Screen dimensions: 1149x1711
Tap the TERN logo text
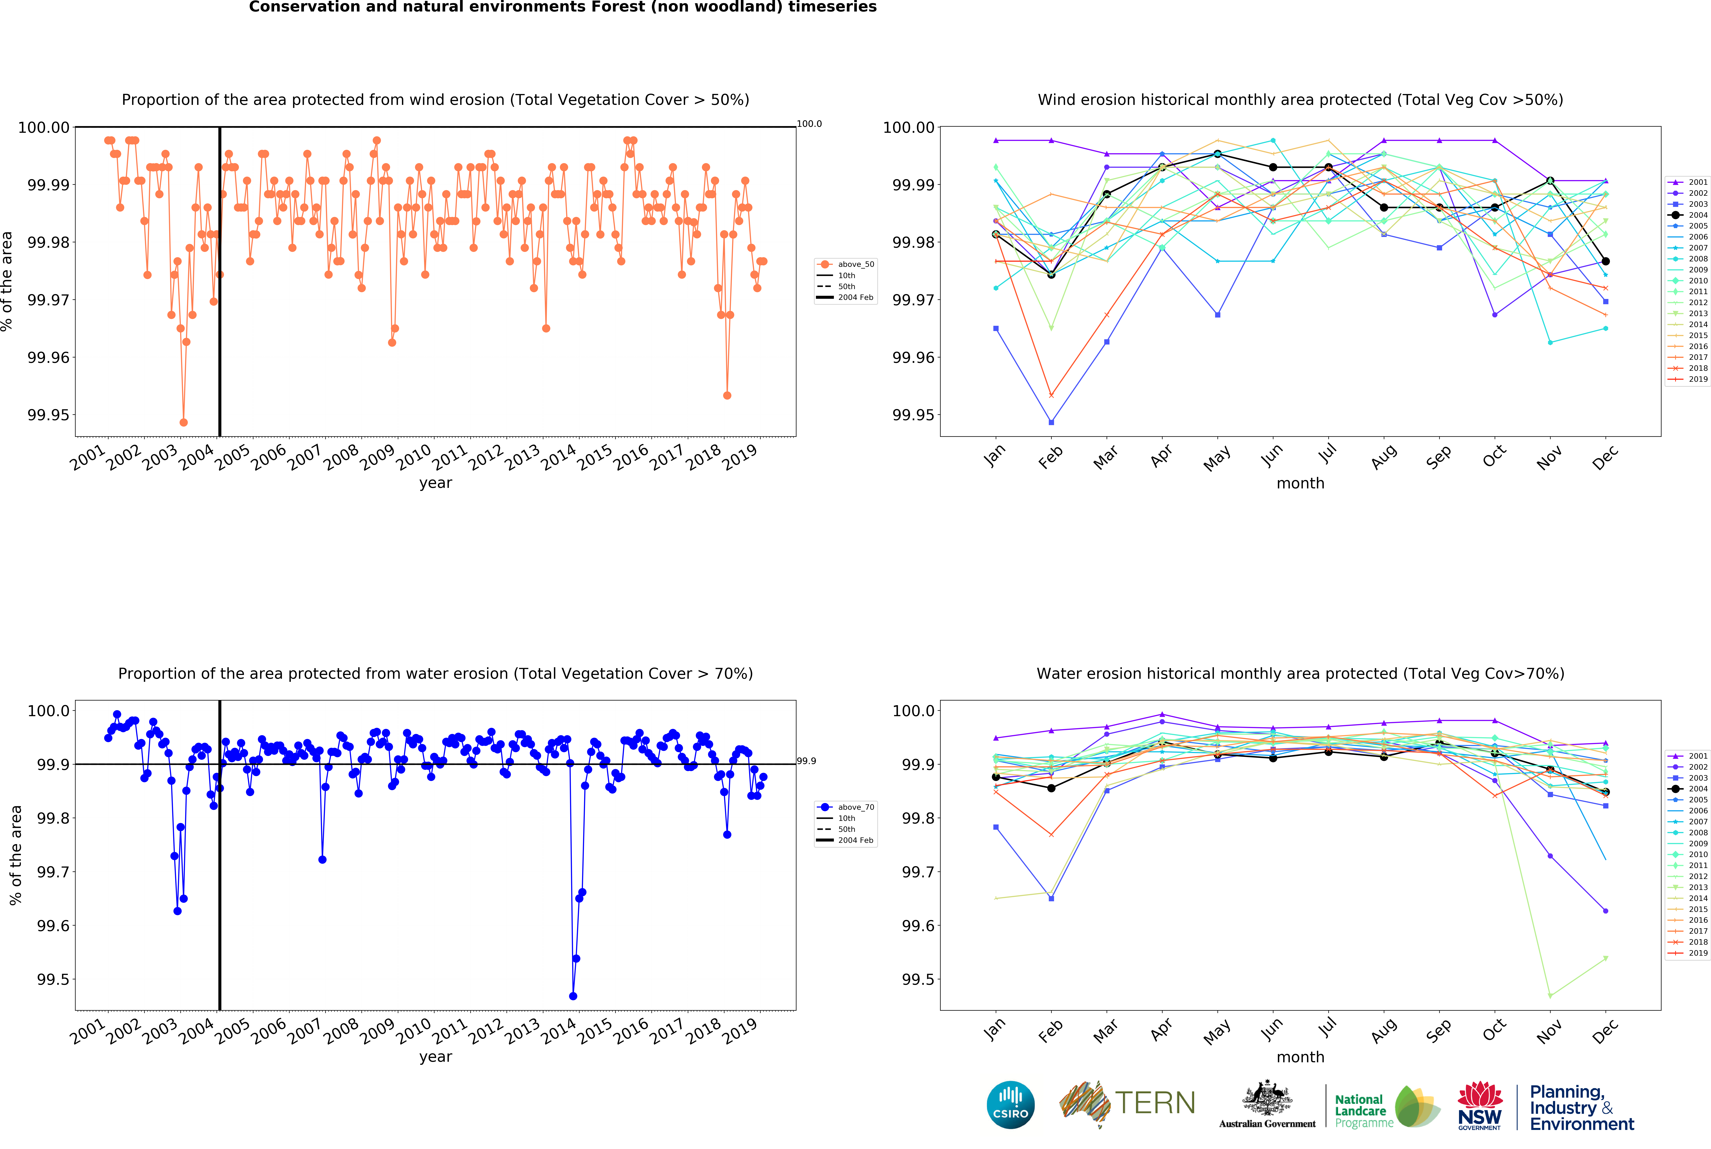point(1155,1103)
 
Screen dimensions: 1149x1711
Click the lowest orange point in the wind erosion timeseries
point(183,423)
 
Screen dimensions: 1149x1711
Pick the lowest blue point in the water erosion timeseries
point(573,996)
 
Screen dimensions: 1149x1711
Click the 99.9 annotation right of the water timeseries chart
point(806,761)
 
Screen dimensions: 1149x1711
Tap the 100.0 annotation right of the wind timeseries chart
point(809,124)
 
